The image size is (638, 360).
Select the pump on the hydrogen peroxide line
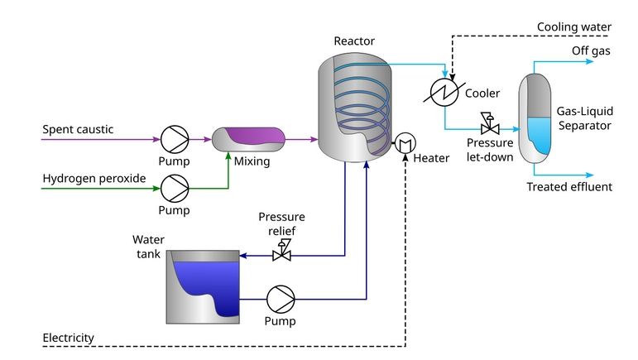click(175, 188)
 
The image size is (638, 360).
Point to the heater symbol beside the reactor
click(405, 143)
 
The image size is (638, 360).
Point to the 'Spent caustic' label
click(78, 129)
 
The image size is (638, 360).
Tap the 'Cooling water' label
click(574, 27)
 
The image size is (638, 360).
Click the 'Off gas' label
click(592, 51)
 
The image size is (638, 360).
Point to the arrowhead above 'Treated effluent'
click(589, 175)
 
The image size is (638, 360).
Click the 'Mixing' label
click(252, 161)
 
